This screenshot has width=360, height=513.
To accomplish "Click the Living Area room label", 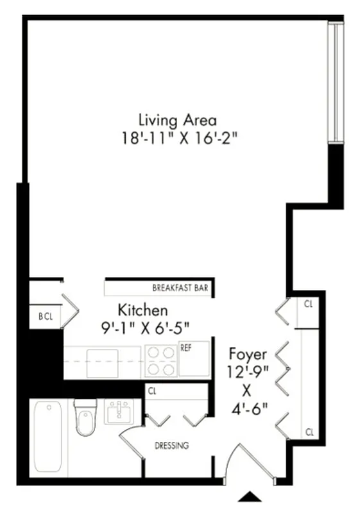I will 178,120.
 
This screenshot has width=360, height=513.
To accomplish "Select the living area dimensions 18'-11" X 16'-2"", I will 178,137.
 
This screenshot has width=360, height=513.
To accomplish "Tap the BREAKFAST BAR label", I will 180,288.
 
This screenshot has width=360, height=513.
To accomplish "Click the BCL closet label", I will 44,316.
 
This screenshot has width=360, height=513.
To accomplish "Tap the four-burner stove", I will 160,362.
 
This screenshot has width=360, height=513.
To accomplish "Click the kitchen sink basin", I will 102,363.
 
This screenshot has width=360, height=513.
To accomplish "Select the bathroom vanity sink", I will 119,412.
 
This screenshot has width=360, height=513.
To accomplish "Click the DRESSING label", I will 171,446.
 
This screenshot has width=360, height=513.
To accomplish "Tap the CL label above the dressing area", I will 152,390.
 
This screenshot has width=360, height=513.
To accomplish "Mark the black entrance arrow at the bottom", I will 250,496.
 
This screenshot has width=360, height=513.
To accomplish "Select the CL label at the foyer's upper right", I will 309,303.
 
